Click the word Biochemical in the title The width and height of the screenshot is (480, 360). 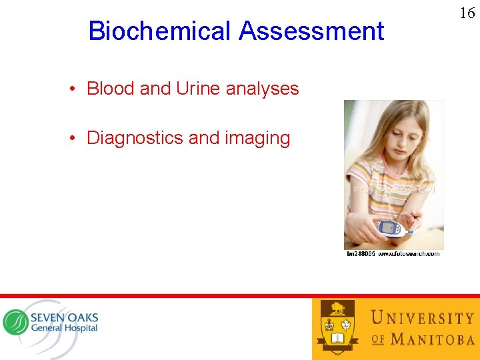159,31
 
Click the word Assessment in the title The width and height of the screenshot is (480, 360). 311,31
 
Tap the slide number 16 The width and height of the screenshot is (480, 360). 467,13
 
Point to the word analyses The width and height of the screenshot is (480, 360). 263,88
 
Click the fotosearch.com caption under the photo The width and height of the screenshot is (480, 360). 393,254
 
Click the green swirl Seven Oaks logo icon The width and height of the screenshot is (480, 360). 16,323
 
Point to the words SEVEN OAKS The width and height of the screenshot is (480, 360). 64,317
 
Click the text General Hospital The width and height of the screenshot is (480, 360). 64,328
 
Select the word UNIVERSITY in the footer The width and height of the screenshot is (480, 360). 421,319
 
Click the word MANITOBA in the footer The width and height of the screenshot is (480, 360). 432,339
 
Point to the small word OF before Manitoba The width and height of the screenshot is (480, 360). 378,339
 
